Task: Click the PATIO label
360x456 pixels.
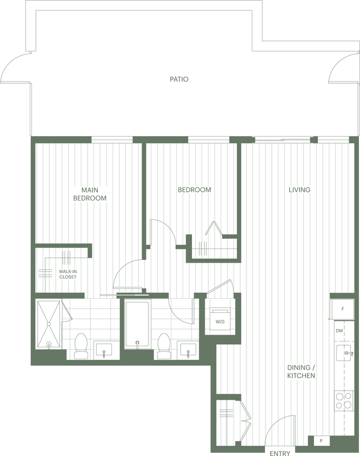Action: [179, 79]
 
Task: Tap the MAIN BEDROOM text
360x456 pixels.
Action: [94, 194]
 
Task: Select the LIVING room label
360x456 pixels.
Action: [299, 190]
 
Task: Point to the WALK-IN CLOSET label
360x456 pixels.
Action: [68, 274]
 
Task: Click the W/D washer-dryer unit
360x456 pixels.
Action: [220, 321]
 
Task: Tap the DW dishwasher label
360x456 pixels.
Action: [339, 331]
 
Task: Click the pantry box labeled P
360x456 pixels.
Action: [321, 441]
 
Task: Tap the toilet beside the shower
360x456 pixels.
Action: [81, 346]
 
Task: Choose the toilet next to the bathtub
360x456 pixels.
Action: [164, 346]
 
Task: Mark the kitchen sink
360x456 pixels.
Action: [344, 354]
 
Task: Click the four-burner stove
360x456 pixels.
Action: [343, 400]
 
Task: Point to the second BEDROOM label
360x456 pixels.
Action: [195, 190]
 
